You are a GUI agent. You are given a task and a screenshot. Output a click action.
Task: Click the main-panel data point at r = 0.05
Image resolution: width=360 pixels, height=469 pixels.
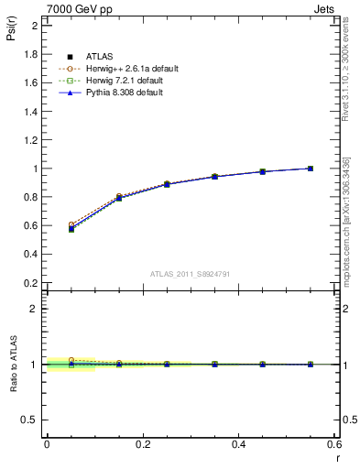[71, 228]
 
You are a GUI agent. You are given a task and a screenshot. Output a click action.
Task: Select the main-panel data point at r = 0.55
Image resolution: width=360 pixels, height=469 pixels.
[311, 169]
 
